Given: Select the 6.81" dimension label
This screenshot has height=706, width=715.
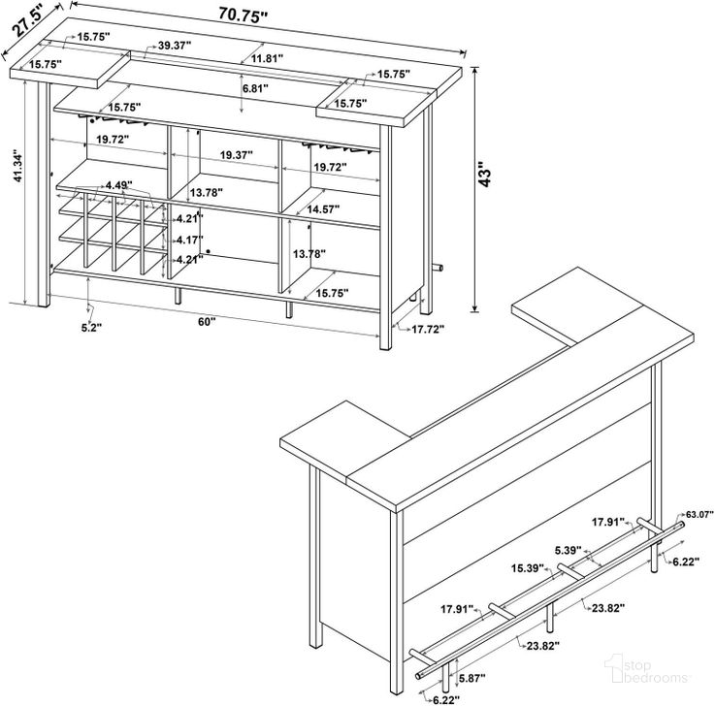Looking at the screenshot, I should pyautogui.click(x=256, y=88).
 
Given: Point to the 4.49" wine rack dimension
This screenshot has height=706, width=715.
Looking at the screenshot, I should pyautogui.click(x=119, y=185).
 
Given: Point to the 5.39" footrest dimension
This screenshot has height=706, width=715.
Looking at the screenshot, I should pyautogui.click(x=567, y=550).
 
